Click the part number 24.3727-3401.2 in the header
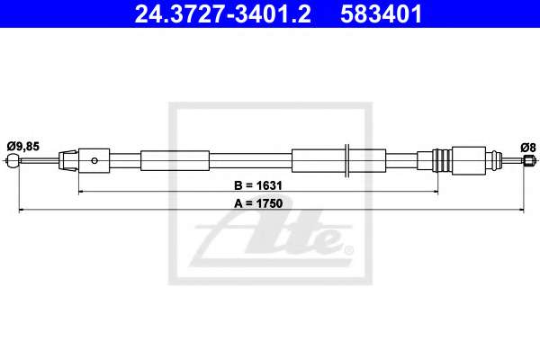tap(223, 13)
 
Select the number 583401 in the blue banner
tap(381, 13)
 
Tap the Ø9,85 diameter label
tap(23, 147)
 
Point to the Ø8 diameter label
tap(528, 148)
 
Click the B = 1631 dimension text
tap(258, 185)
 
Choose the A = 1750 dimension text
tap(258, 203)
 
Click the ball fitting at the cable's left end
tap(13, 160)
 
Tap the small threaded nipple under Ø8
tap(528, 160)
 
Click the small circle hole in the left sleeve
tap(94, 160)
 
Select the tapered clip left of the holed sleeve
tap(68, 160)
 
